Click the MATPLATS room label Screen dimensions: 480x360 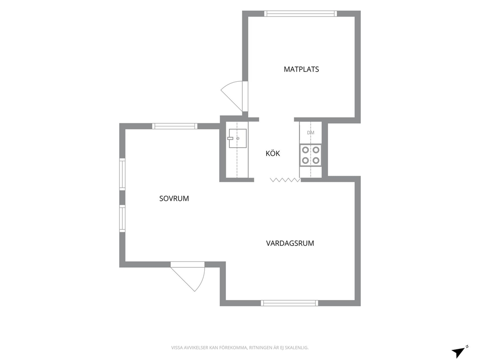tap(301, 69)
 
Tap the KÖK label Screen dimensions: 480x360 tap(272, 153)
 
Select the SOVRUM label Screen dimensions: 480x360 tap(174, 198)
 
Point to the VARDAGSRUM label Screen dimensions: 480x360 tap(290, 243)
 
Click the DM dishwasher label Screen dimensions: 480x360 tap(311, 133)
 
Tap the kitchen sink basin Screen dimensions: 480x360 tap(238, 138)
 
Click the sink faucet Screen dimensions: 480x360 tap(231, 138)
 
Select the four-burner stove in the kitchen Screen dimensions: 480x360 tap(311, 155)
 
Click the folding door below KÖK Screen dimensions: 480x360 tap(285, 180)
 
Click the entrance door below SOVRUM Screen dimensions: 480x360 tap(188, 276)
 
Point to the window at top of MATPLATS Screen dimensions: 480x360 tap(300, 14)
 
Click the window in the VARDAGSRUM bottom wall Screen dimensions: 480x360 tap(289, 303)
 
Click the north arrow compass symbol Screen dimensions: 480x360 tap(460, 352)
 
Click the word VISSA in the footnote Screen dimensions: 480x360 tap(177, 348)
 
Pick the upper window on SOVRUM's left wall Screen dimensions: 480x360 tap(122, 174)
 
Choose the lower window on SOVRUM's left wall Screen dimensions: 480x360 tap(122, 218)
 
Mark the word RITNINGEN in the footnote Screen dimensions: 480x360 tap(259, 348)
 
